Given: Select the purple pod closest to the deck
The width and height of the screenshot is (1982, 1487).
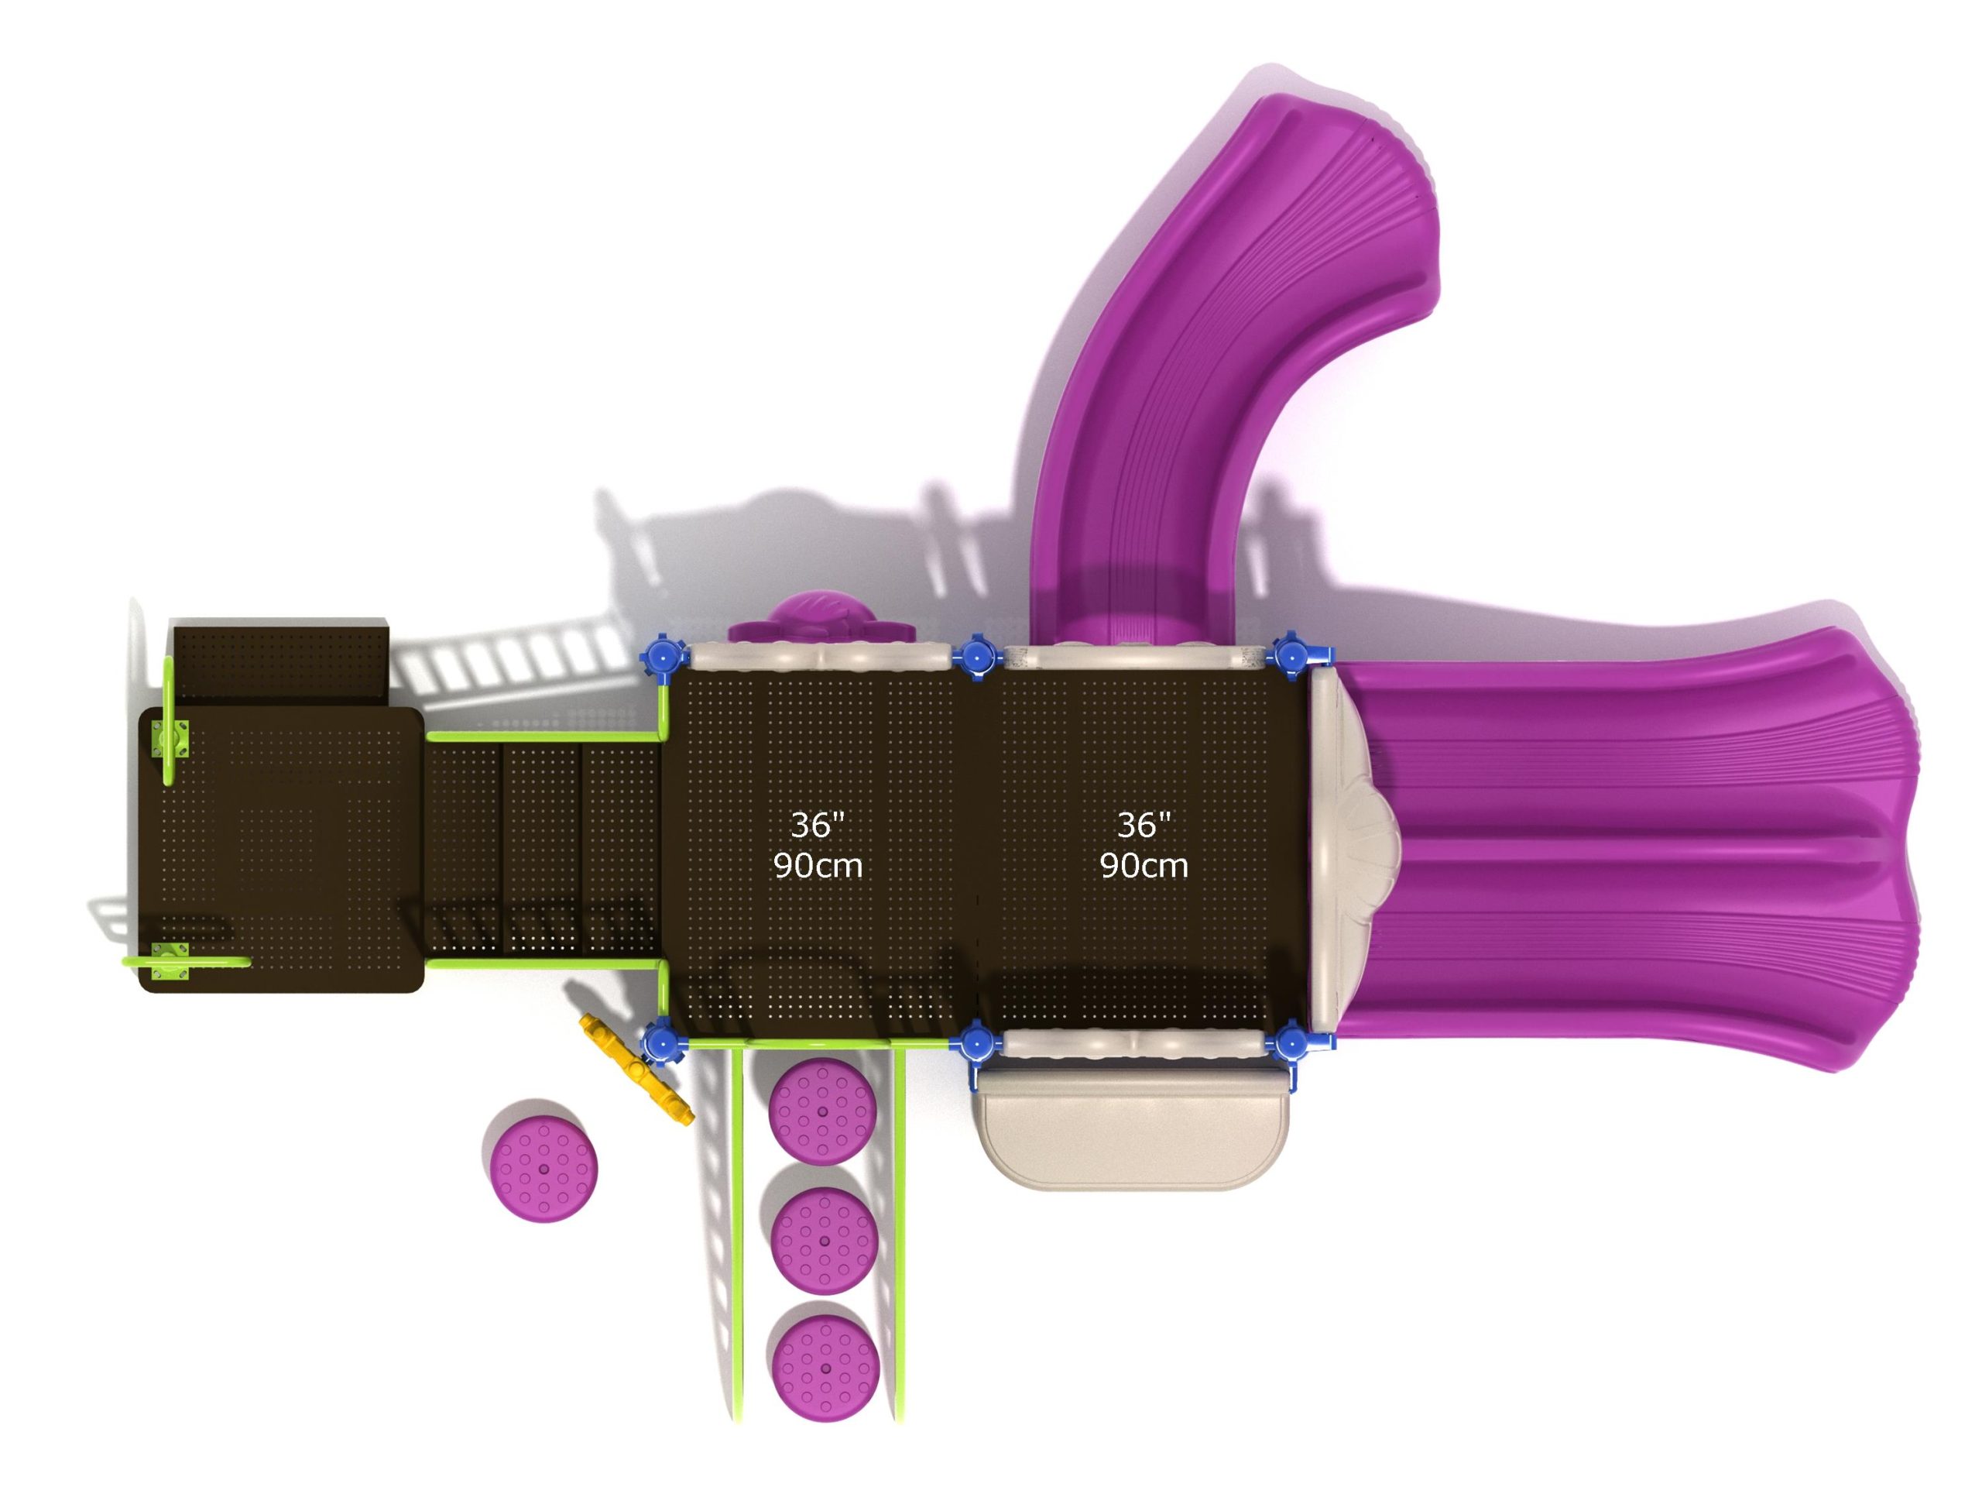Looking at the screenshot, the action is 822,1111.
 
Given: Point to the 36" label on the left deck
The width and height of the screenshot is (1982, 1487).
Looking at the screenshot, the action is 817,825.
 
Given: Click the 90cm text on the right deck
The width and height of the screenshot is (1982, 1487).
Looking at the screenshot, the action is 1144,866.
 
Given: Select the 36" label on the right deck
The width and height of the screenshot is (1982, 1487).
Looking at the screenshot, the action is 1144,825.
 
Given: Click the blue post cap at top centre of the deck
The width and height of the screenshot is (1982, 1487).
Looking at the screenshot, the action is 975,657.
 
